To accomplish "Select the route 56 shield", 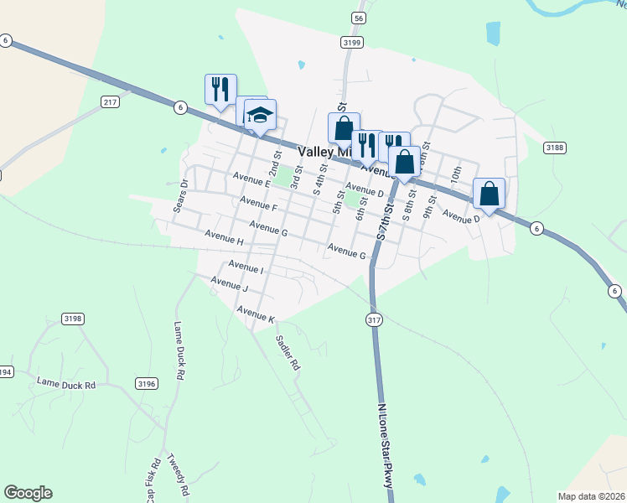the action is (359, 18).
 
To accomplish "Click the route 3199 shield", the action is (352, 41).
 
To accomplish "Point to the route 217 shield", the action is (110, 101).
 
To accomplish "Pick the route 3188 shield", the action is (554, 148).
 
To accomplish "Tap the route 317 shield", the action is (374, 319).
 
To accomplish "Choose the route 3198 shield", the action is (73, 319).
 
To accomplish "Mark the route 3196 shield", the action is (147, 383).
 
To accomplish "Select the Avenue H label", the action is (223, 241).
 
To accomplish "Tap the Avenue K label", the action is (256, 314).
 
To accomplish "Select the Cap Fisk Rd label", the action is (153, 481).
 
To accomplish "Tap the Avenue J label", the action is (230, 285).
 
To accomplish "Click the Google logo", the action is (28, 493).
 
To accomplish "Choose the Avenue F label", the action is (258, 204).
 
